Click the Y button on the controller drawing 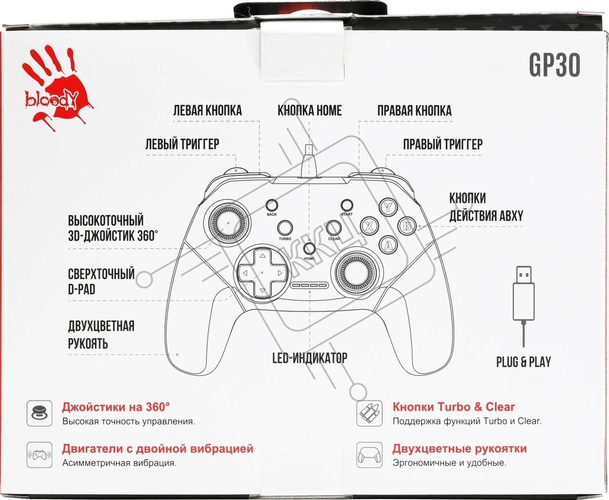tap(388, 206)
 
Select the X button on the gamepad tap(369, 226)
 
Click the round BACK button tap(272, 205)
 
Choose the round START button tap(347, 205)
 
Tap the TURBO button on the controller tap(285, 228)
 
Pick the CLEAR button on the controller tap(334, 228)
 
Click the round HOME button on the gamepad tap(309, 249)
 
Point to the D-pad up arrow tap(262, 256)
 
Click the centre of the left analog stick tap(228, 223)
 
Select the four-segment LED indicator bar tap(309, 285)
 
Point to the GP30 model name tap(554, 65)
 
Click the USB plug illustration tap(523, 306)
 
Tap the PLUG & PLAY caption tap(523, 362)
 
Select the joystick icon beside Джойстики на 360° tap(40, 413)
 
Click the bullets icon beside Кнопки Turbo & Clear tap(369, 413)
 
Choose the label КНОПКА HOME tap(310, 111)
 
